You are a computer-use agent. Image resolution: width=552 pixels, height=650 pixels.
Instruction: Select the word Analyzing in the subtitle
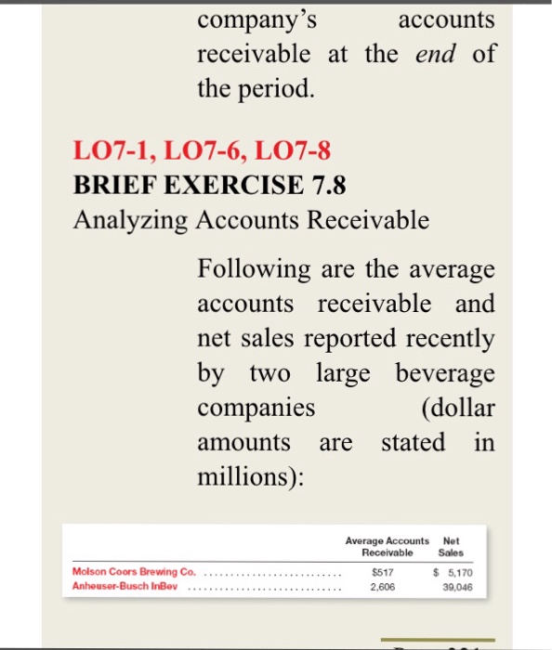(x=124, y=219)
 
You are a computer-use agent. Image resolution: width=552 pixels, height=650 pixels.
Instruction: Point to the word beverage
(x=445, y=372)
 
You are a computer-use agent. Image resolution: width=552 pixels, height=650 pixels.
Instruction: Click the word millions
(x=246, y=476)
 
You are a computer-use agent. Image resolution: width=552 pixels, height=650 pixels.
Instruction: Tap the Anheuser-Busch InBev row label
(x=124, y=587)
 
